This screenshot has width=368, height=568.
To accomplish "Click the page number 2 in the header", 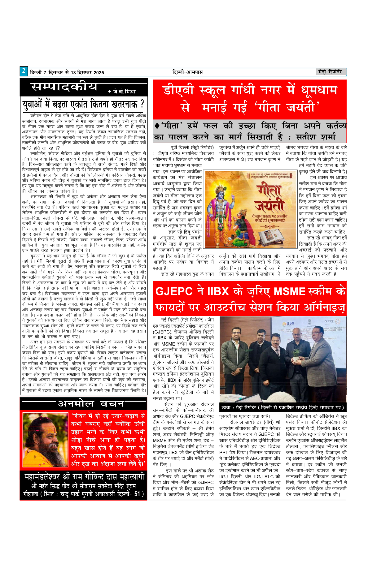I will point(24,71).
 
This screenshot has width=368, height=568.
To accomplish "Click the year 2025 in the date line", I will point(99,73).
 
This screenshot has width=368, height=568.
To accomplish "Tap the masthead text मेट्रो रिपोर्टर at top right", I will point(330,72).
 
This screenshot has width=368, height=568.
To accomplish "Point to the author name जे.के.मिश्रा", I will point(124,92).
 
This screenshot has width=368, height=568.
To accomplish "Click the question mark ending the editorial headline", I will point(142,104).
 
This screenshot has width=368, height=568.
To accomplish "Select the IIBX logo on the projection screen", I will point(288,323).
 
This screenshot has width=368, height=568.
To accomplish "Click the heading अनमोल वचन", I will point(91,404).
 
